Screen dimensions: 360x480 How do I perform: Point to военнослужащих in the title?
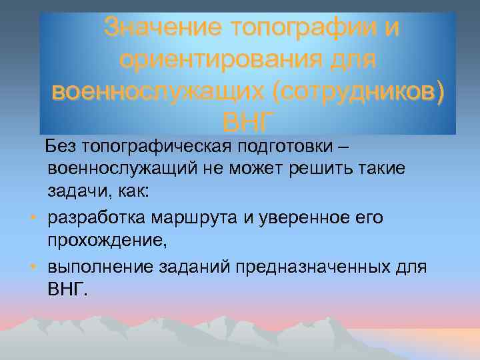143,91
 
